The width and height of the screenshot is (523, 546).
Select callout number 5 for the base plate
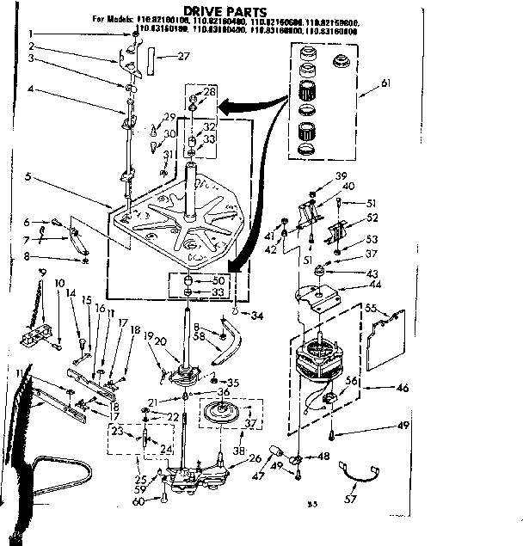coord(28,177)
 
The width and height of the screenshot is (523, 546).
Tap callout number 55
coord(372,307)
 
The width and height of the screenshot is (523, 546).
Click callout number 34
coord(256,315)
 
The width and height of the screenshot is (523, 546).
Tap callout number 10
coord(58,284)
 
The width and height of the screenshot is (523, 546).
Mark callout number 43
coord(349,273)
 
